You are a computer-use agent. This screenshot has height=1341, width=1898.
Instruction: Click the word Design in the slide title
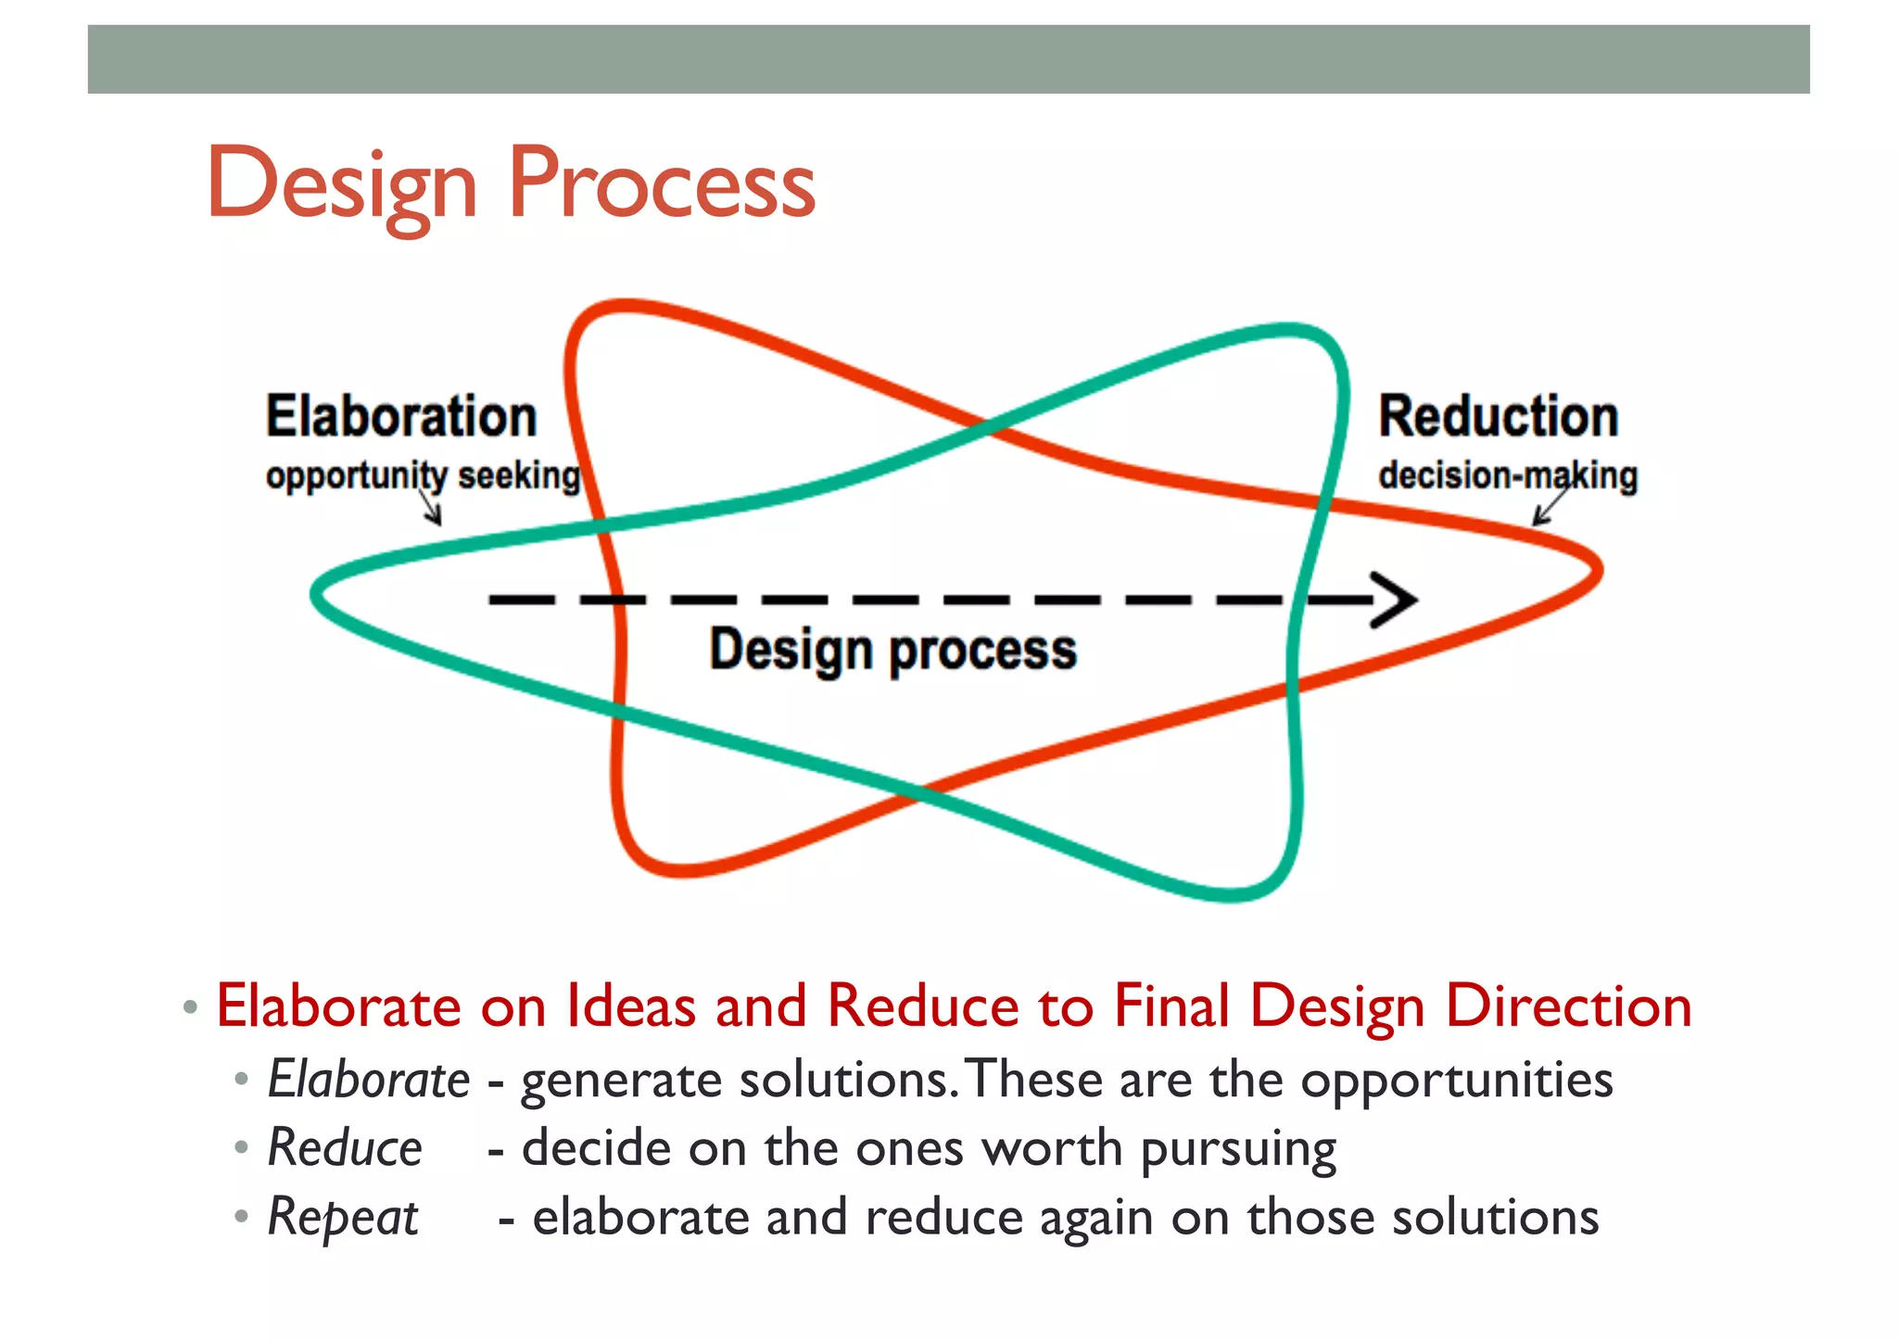coord(341,185)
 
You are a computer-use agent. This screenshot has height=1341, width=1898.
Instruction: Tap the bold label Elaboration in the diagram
coord(401,416)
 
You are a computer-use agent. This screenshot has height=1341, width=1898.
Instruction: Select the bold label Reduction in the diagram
coord(1498,416)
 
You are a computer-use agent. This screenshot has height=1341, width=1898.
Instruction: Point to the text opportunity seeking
coord(423,475)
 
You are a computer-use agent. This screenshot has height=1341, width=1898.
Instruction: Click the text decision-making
coord(1507,475)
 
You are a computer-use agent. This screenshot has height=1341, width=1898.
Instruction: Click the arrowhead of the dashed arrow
coord(1398,600)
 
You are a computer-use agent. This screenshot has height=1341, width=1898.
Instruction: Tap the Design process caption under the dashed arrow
coord(892,649)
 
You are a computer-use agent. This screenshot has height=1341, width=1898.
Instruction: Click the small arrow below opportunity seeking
coord(432,509)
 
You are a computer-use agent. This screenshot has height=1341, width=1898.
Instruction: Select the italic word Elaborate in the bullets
coord(368,1080)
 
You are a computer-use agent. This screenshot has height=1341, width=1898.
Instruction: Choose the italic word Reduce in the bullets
coord(345,1148)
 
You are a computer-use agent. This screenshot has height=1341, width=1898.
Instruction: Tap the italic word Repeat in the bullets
coord(342,1217)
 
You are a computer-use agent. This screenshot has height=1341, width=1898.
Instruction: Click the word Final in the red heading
coord(1171,1006)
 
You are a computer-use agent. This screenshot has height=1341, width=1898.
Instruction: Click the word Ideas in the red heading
coord(630,1006)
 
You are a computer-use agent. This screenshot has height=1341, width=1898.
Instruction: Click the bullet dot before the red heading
coord(190,1007)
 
